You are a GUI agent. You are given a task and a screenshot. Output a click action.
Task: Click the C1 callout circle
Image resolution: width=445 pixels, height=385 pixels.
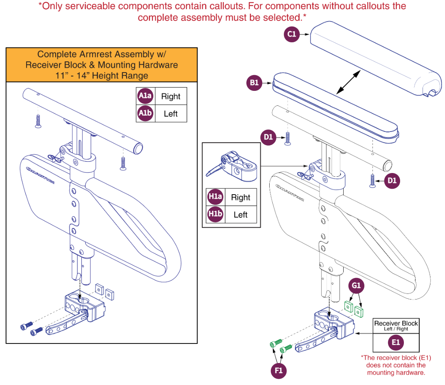(292, 34)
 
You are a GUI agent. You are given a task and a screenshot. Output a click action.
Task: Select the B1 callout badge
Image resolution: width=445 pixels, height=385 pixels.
(254, 83)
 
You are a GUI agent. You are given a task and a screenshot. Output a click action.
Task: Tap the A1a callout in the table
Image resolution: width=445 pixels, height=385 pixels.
(145, 96)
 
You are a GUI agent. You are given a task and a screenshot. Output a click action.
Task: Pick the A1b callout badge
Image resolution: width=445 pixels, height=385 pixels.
(145, 114)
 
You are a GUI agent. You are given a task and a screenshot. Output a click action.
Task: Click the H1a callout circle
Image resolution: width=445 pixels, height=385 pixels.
(215, 197)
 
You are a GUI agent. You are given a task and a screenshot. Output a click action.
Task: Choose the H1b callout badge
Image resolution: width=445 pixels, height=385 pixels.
(215, 214)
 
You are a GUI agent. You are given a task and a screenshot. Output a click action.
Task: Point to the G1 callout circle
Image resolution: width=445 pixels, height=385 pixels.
(356, 286)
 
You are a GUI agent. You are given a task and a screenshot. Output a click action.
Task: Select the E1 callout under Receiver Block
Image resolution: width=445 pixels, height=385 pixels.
(396, 342)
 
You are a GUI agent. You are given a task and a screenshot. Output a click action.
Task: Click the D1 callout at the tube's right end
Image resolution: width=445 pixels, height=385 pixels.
(392, 180)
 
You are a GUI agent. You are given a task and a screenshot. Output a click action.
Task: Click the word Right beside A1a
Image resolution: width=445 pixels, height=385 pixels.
(171, 97)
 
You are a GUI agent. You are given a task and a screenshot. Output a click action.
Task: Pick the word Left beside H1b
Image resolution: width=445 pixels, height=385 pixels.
(241, 215)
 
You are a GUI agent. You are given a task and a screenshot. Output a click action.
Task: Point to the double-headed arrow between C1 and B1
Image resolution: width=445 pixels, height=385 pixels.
(348, 82)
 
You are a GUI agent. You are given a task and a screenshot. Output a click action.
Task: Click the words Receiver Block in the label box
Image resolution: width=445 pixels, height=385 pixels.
(396, 323)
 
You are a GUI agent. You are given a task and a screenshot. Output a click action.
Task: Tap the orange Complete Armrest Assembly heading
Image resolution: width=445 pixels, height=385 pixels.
(101, 65)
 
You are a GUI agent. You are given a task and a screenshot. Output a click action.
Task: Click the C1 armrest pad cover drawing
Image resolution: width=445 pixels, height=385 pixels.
(374, 58)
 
